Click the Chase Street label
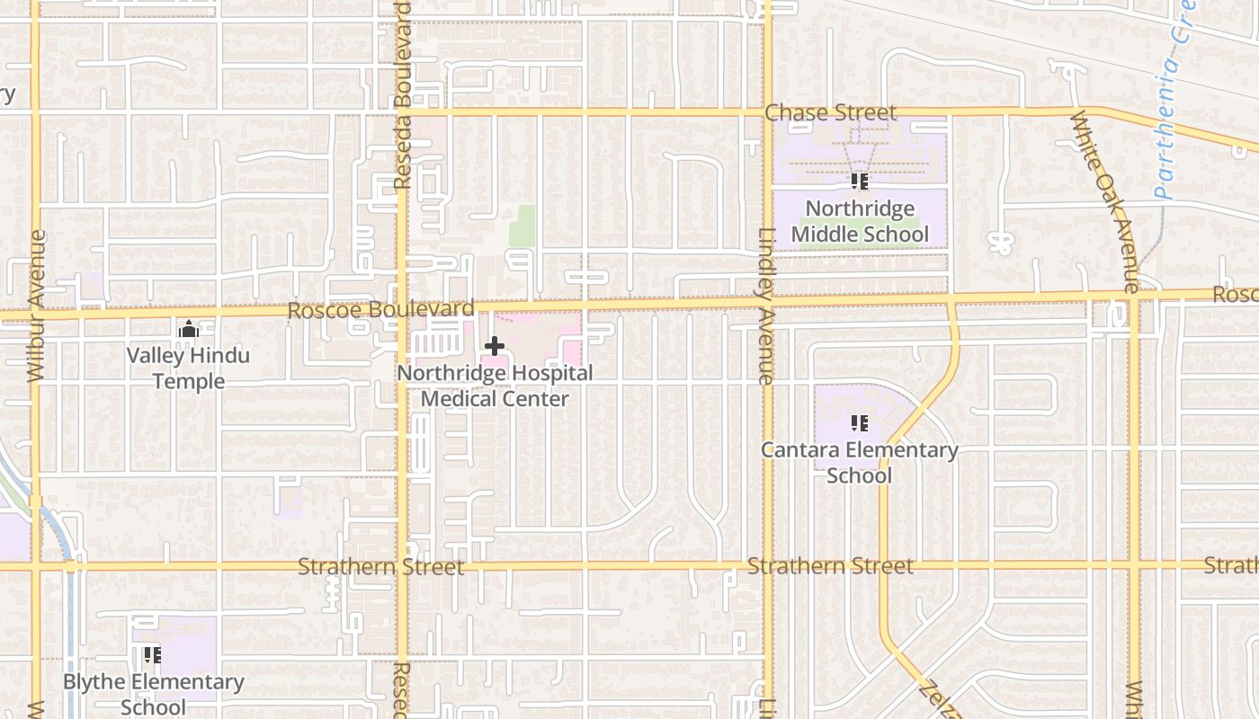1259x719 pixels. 830,113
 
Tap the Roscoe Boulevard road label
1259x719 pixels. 380,310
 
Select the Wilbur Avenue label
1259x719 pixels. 37,306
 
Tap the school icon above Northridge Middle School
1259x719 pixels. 859,182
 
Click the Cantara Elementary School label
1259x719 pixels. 859,462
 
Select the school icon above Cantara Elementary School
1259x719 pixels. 859,422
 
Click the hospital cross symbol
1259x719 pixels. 494,345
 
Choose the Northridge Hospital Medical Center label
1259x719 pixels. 496,386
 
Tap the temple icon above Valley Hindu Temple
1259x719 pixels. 188,329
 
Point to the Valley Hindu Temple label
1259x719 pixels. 188,368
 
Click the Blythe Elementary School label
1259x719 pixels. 153,694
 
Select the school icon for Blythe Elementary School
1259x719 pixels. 152,655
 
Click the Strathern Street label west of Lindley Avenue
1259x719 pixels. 380,567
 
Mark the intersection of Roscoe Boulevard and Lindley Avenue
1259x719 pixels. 767,303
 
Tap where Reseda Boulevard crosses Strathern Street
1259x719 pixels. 402,566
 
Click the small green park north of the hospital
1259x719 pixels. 522,226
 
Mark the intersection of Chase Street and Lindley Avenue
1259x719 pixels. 767,112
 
